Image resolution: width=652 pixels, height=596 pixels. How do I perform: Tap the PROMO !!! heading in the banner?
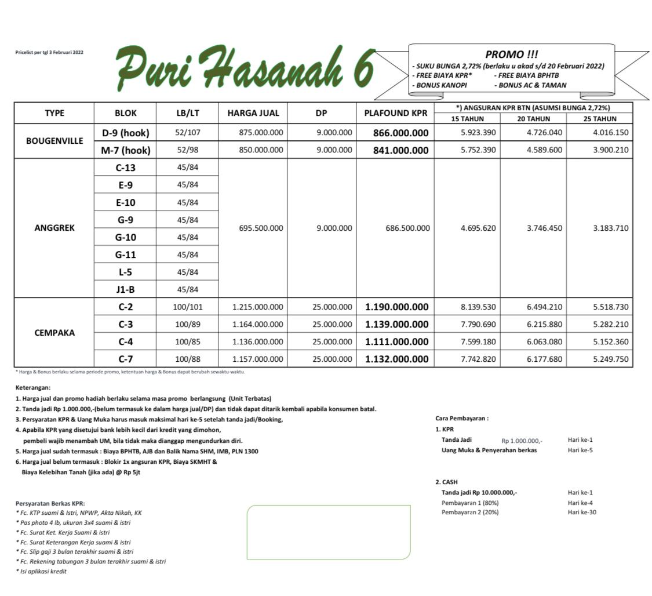click(511, 54)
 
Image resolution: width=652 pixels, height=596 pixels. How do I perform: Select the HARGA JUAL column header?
click(253, 114)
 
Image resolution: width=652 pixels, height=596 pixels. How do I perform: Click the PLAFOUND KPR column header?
click(395, 114)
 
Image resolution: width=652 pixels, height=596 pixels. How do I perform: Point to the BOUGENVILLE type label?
click(54, 141)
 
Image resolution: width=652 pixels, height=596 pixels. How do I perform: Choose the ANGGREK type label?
click(54, 228)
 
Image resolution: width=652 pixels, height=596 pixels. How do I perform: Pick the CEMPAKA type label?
click(54, 333)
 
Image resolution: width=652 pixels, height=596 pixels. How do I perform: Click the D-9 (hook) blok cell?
click(125, 133)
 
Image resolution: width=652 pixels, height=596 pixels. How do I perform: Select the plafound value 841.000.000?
click(396, 150)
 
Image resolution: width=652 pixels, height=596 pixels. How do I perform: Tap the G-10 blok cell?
click(125, 237)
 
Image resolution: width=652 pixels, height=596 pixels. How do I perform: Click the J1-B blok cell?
click(125, 289)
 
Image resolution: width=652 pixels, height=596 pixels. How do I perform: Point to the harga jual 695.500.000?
click(261, 228)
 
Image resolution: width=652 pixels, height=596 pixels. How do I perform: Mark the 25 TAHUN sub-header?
click(599, 119)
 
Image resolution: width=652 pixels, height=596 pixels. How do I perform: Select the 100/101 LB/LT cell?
click(187, 307)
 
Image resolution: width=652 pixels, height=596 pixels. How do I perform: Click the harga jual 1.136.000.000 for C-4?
click(257, 341)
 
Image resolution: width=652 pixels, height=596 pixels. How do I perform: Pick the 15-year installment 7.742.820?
click(478, 359)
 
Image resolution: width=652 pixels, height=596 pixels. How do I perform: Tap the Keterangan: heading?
click(33, 387)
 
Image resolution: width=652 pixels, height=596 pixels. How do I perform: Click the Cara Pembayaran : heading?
click(461, 418)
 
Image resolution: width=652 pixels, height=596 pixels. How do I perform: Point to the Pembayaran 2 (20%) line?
click(469, 512)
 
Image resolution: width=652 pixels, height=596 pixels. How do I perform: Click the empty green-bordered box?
click(329, 532)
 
